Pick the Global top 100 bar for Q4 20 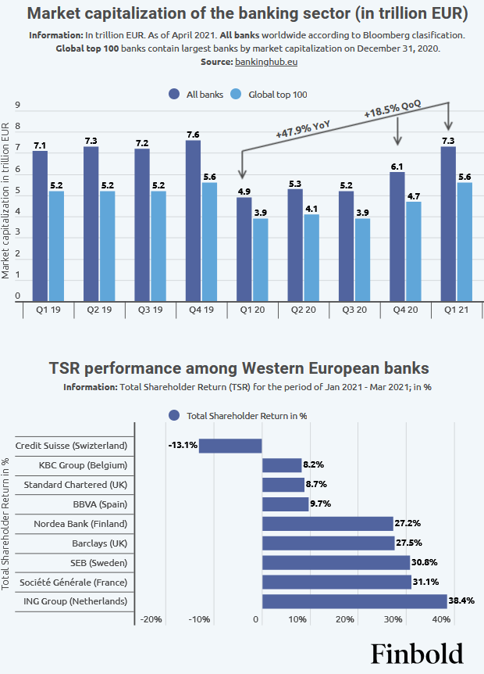coord(413,251)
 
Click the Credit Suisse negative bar coord(230,446)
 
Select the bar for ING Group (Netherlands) coord(354,601)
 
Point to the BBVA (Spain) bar coord(285,504)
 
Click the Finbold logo coord(416,653)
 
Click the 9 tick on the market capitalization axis coord(18,106)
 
